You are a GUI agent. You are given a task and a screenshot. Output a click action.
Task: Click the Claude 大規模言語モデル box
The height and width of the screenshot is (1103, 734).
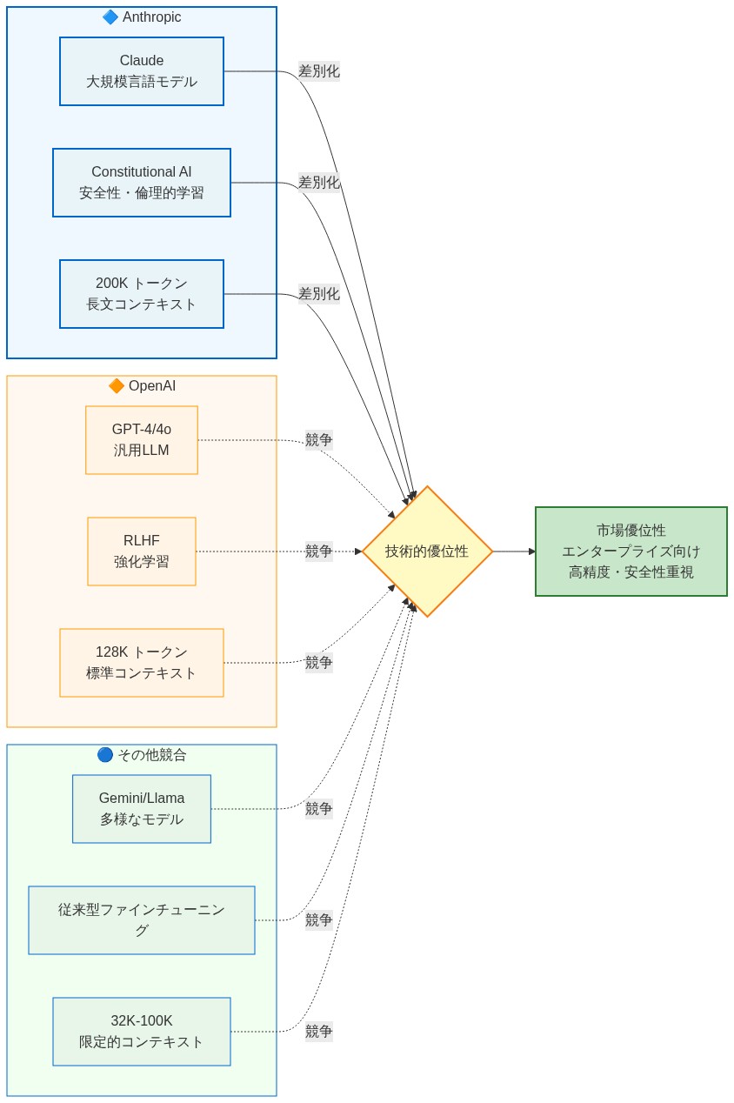tap(142, 71)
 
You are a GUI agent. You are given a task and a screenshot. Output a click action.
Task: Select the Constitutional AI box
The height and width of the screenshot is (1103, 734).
tap(142, 183)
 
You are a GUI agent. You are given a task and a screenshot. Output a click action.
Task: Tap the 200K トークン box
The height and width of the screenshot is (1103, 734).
tap(142, 294)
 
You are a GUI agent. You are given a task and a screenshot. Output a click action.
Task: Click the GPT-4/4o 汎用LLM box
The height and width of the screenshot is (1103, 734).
tap(142, 440)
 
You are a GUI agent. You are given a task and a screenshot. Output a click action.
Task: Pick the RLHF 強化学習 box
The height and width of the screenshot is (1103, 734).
tap(142, 551)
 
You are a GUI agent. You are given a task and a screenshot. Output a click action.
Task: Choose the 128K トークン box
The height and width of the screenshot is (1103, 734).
tap(142, 663)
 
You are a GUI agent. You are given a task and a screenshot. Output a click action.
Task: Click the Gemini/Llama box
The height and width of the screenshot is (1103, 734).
tap(142, 809)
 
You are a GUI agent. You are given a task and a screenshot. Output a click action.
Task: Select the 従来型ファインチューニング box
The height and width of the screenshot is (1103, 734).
tap(142, 920)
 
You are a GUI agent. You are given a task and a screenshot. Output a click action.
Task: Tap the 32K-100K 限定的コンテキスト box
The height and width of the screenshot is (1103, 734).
tap(142, 1032)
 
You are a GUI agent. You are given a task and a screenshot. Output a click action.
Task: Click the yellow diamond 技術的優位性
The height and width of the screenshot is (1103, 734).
tap(427, 551)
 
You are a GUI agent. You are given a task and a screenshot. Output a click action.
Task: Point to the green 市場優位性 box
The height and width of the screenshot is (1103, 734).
tap(631, 551)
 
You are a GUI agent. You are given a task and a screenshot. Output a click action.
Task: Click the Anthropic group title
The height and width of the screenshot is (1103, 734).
tap(151, 17)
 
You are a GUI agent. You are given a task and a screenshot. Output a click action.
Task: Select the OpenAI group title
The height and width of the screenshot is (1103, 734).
tap(151, 386)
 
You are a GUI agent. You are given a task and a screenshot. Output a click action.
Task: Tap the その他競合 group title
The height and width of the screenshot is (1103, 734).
tap(151, 755)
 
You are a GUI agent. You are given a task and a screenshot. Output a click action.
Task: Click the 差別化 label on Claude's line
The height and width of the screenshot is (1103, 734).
tap(319, 71)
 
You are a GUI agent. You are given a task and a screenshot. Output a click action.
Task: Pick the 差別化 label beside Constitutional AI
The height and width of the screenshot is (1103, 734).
tap(319, 183)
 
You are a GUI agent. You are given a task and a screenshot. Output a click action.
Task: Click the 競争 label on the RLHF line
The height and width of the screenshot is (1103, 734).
tap(319, 551)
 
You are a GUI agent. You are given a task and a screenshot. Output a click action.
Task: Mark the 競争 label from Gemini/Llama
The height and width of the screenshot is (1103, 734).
tap(319, 809)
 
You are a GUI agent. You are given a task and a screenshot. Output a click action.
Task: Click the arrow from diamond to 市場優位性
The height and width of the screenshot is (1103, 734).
tap(514, 551)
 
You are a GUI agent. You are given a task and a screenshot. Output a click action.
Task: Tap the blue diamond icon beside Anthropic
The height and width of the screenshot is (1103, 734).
tap(110, 17)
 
